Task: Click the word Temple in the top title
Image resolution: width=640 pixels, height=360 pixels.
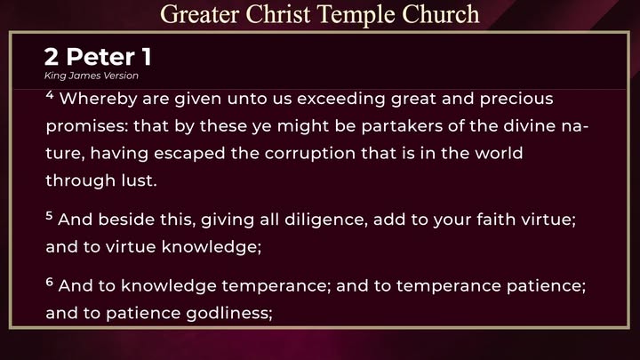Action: click(x=356, y=15)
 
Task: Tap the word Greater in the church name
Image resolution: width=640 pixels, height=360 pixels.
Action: click(x=200, y=14)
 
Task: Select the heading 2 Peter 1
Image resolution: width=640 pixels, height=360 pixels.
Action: click(x=98, y=56)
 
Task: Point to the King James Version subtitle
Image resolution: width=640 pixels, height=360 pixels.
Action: click(x=92, y=76)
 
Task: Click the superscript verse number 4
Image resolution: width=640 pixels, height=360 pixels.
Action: click(x=50, y=95)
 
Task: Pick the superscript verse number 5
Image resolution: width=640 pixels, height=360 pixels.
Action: click(x=50, y=215)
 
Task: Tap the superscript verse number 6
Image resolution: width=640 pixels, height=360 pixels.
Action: click(x=50, y=282)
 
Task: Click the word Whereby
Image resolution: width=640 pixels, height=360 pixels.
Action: click(x=99, y=100)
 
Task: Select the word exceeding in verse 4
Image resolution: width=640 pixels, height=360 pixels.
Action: click(x=341, y=100)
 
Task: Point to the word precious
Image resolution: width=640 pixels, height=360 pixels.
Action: click(x=516, y=100)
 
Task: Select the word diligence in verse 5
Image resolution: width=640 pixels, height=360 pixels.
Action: click(x=324, y=220)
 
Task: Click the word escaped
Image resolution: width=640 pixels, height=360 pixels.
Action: click(x=189, y=154)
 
